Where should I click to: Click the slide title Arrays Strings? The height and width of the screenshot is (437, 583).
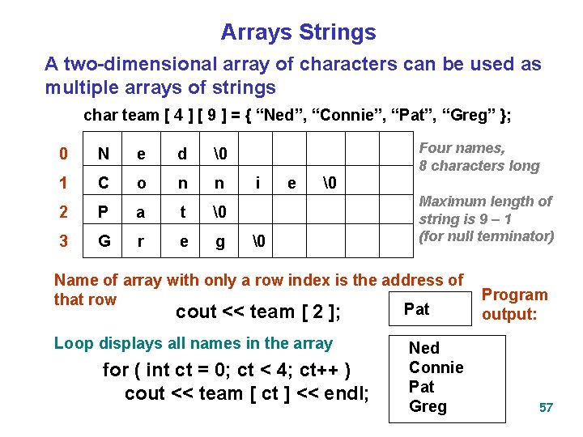coord(298,32)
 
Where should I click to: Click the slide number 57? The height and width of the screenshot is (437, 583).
coord(546,407)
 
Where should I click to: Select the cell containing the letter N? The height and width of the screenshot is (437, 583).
coord(103,155)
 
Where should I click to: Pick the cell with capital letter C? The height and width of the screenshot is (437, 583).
coord(103,184)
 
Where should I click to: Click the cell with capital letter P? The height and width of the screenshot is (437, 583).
coord(103,213)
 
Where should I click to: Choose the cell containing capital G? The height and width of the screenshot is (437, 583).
coord(103,240)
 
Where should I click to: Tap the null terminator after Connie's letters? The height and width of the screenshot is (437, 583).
coord(329,184)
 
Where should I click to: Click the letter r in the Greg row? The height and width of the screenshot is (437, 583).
coord(142,240)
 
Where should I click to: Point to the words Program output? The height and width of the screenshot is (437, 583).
coord(514,304)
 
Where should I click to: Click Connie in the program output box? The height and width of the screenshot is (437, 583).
coord(436,367)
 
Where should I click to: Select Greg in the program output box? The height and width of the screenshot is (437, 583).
coord(428,406)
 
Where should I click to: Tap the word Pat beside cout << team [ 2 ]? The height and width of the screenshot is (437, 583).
coord(416,309)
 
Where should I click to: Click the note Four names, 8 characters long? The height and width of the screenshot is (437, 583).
coord(478,157)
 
